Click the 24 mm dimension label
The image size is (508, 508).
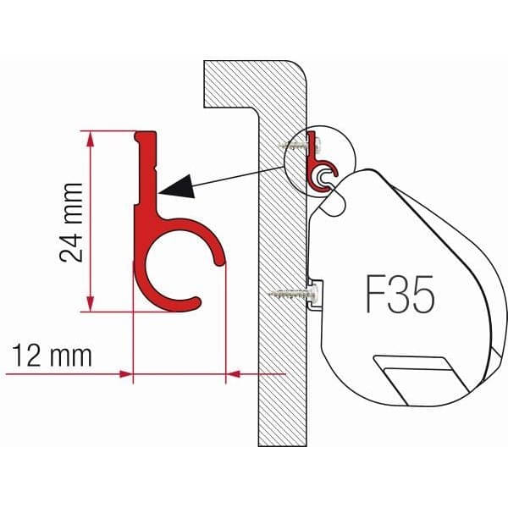(74, 221)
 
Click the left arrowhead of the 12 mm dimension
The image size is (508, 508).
(127, 373)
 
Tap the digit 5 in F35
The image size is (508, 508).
(421, 295)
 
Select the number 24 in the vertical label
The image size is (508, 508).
(74, 246)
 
